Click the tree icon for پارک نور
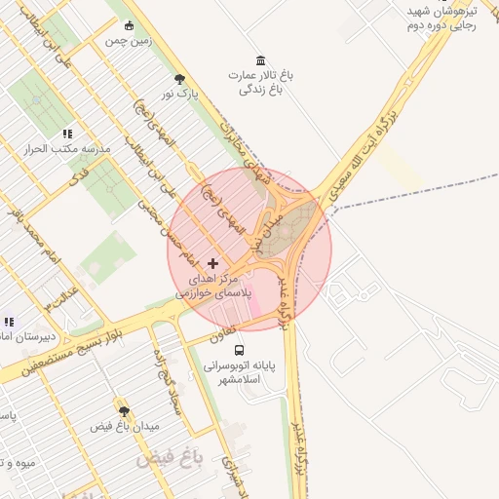(x=179, y=79)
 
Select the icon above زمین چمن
(x=128, y=25)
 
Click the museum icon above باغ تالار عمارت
(x=259, y=60)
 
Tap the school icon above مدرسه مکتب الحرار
(x=66, y=134)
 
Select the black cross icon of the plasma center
(x=213, y=264)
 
